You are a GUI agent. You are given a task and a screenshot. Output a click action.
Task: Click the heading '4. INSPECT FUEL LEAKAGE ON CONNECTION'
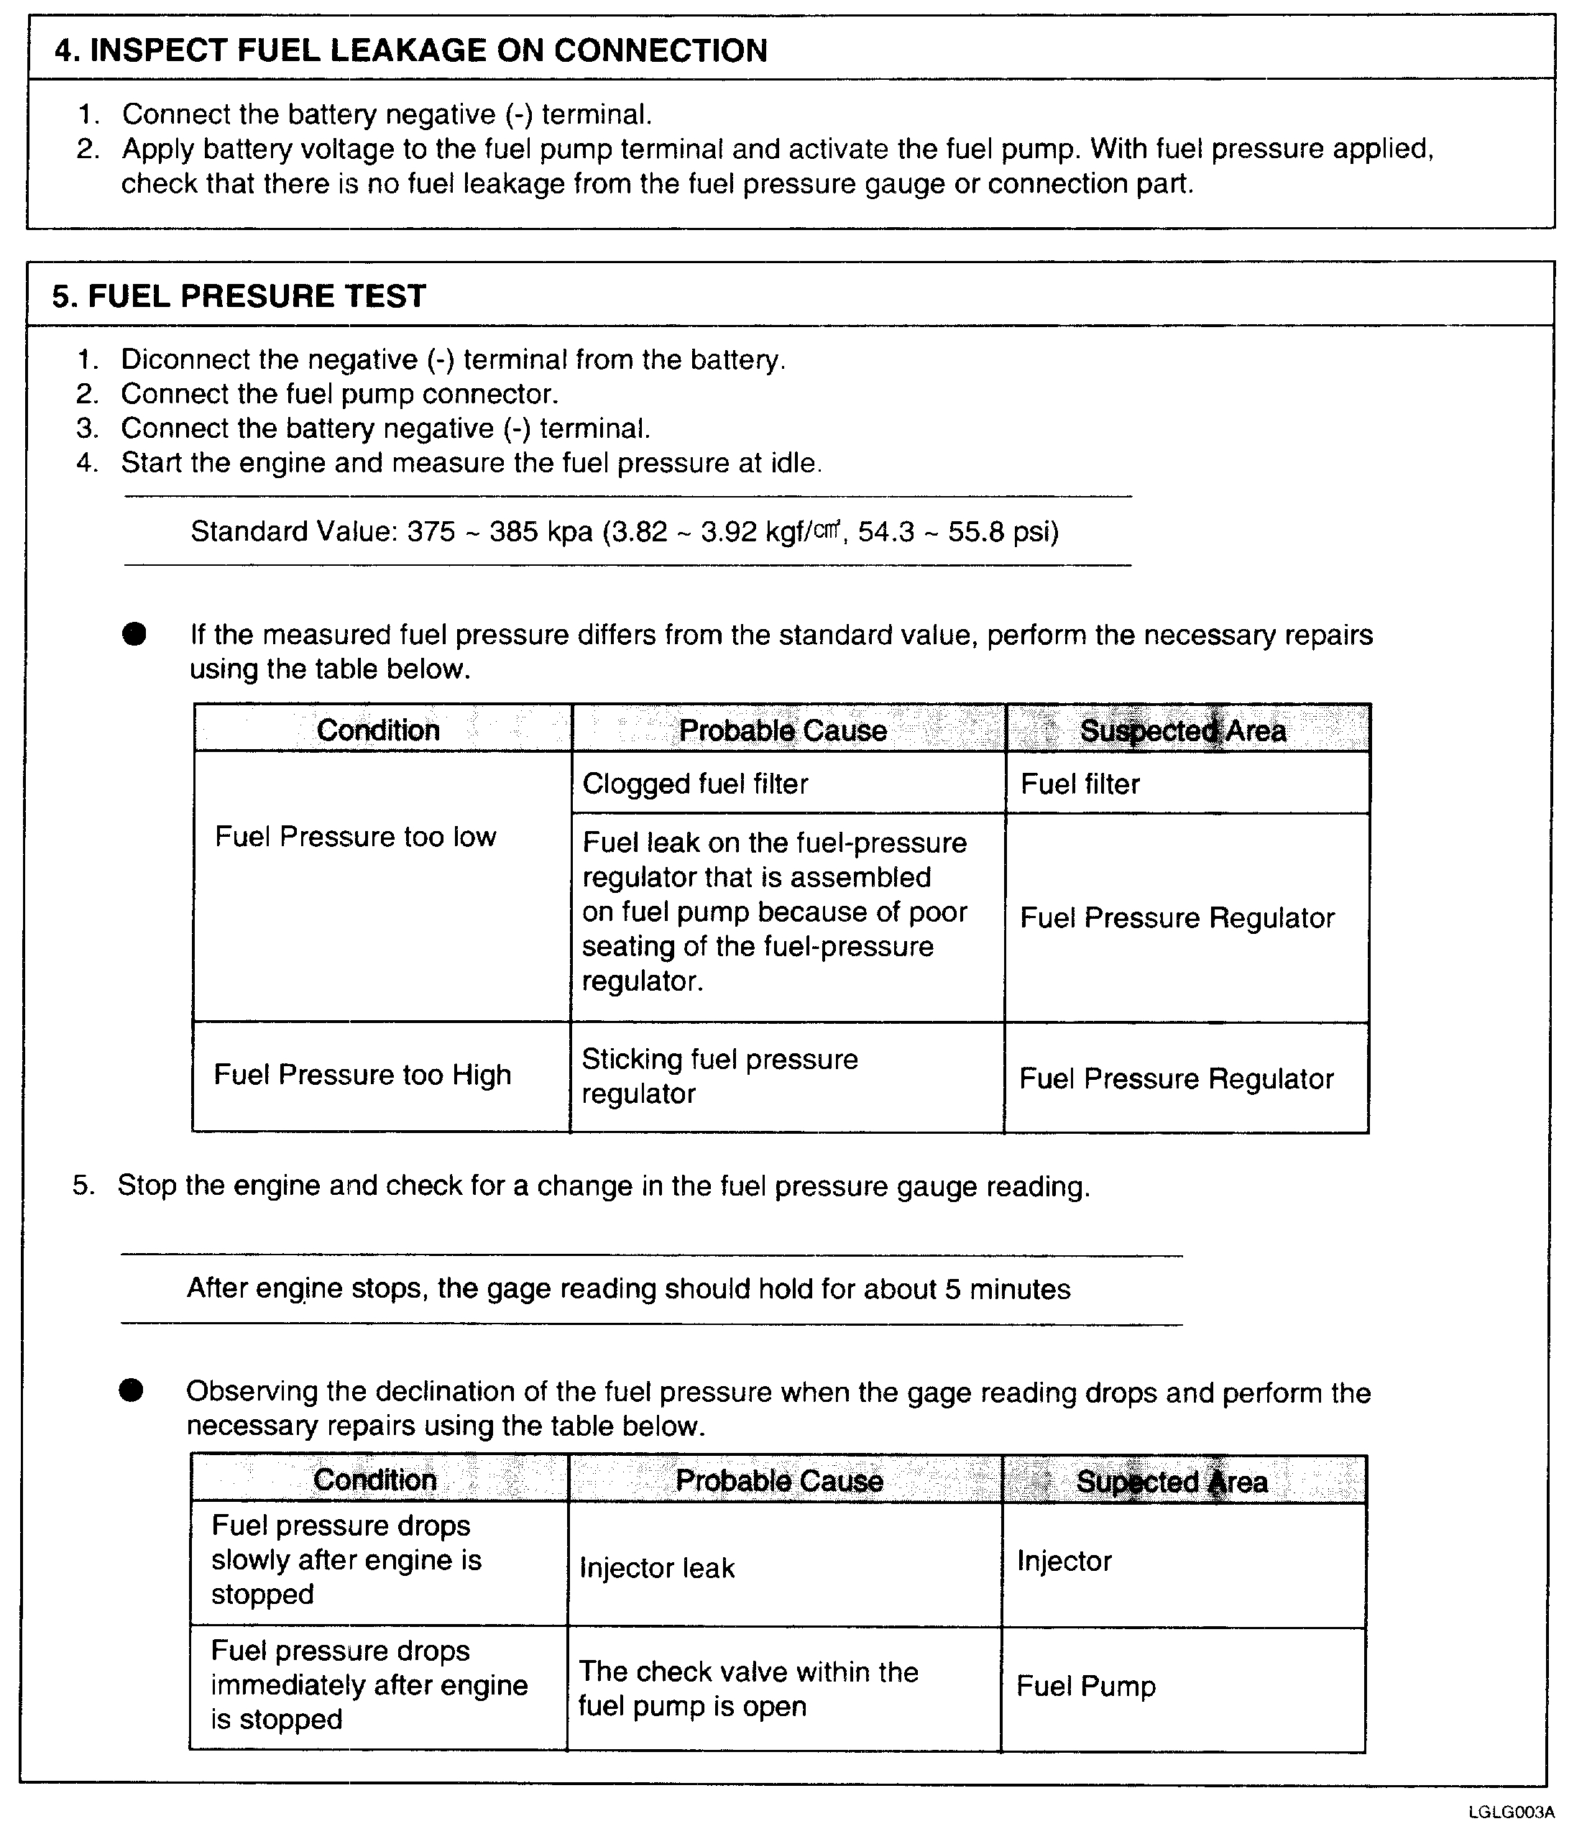tap(411, 50)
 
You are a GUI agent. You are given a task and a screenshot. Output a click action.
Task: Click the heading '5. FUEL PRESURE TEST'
tap(239, 296)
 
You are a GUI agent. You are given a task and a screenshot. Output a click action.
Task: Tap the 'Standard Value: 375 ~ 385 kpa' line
tap(625, 531)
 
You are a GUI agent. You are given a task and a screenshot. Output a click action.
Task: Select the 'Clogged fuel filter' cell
tap(695, 784)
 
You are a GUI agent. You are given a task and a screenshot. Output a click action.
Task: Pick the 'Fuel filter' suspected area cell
tap(1080, 784)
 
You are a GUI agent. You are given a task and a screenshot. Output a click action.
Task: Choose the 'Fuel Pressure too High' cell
tap(362, 1076)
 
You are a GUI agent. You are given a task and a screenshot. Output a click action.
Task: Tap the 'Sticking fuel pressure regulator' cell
tap(719, 1076)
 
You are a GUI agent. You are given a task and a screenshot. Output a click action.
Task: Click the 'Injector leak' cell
tap(657, 1568)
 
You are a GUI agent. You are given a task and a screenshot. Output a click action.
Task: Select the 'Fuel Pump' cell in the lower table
tap(1086, 1686)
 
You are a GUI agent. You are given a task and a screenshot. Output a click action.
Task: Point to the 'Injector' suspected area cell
tap(1064, 1561)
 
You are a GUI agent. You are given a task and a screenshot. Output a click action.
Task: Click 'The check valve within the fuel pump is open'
tap(748, 1689)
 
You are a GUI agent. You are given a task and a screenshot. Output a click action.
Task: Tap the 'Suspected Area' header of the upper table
tap(1182, 730)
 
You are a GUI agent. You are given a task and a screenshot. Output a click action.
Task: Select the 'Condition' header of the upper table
tap(378, 730)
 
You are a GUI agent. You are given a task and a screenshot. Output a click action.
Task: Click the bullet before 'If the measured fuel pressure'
tap(134, 634)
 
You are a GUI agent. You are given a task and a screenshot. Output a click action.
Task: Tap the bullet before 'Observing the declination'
tap(131, 1392)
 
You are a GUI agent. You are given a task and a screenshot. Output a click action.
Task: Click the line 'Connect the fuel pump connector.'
tap(339, 393)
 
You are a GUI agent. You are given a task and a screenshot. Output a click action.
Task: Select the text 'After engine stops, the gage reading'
tap(628, 1289)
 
